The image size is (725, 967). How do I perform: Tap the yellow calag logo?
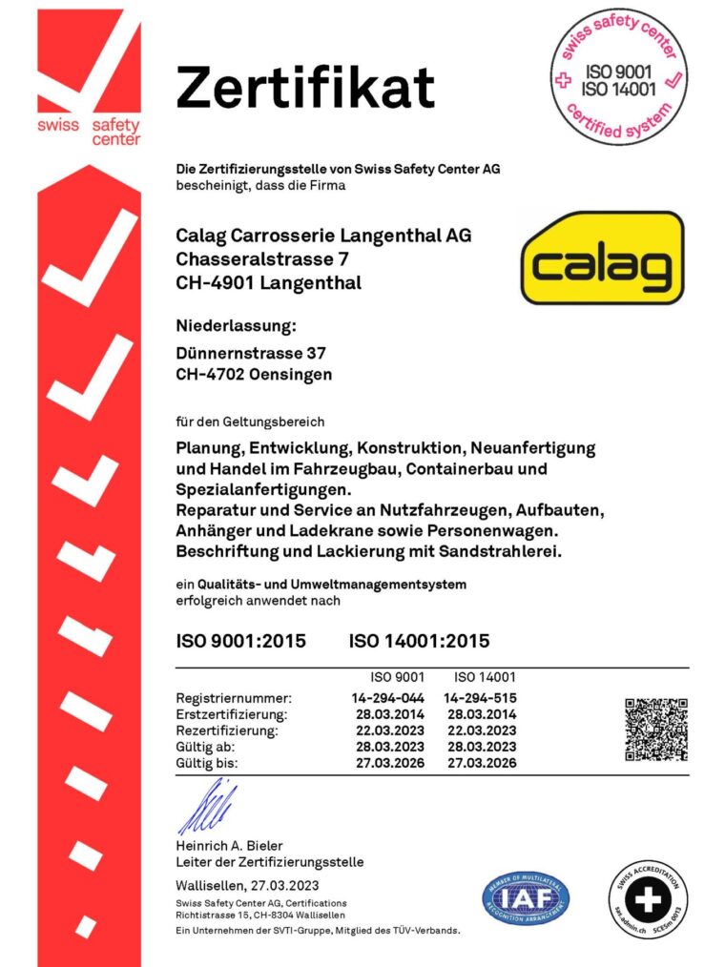click(x=602, y=258)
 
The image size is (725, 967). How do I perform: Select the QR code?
click(x=656, y=730)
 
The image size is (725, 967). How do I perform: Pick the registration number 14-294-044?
click(x=388, y=697)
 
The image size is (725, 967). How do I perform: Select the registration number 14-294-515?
click(x=481, y=697)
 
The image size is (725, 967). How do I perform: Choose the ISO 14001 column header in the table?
click(x=484, y=677)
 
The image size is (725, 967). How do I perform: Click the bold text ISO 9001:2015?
click(x=241, y=641)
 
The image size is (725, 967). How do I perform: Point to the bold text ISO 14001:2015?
click(x=420, y=641)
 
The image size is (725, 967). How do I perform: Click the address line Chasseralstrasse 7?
click(x=254, y=258)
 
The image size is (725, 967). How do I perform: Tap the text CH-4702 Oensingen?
click(x=255, y=375)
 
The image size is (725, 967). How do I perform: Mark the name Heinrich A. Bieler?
click(x=229, y=846)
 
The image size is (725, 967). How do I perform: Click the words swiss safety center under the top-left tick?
click(x=89, y=132)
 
